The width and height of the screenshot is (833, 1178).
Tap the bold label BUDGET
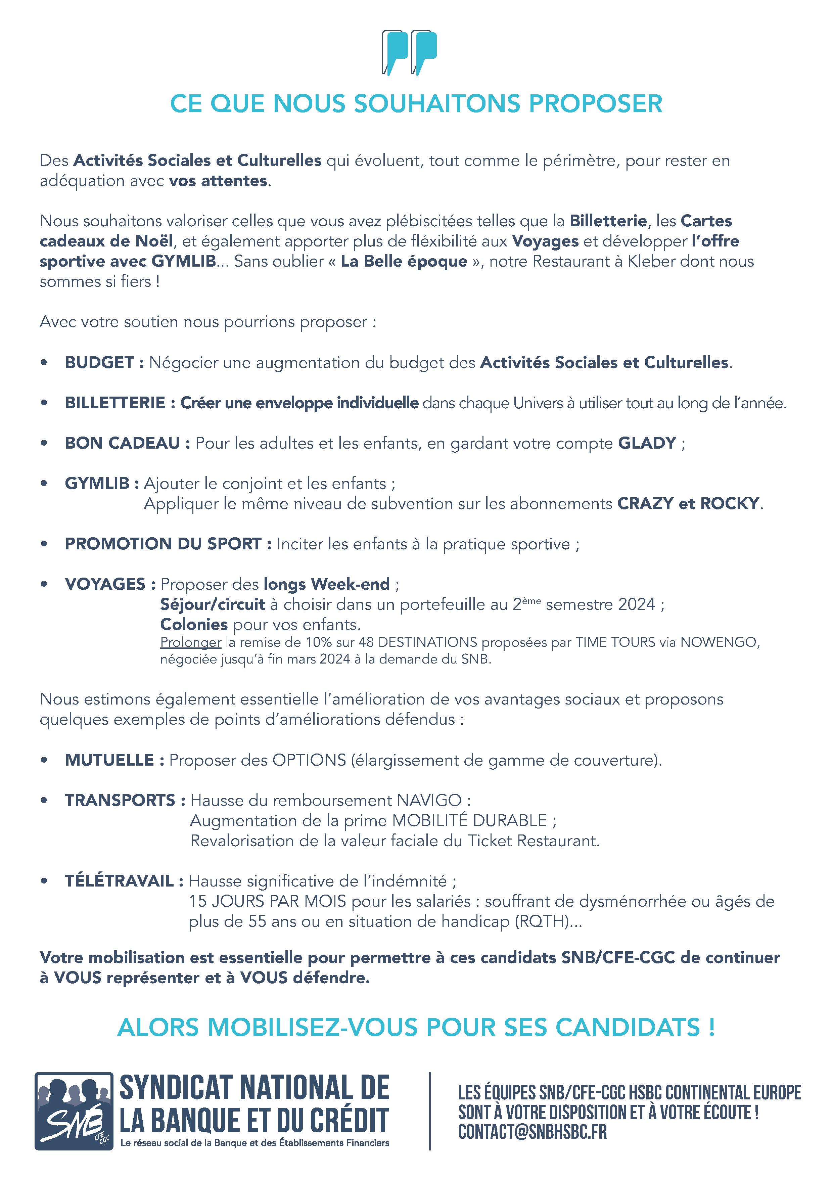point(99,363)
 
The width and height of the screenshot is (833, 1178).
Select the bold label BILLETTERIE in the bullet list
point(115,403)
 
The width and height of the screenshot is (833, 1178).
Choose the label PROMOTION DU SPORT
point(163,544)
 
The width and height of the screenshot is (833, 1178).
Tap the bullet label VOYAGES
point(105,584)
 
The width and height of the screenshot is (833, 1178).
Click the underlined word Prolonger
point(190,642)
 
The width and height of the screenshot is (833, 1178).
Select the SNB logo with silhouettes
point(74,1111)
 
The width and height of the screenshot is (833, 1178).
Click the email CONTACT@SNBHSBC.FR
point(532,1131)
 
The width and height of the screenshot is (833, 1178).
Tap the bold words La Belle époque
point(404,261)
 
